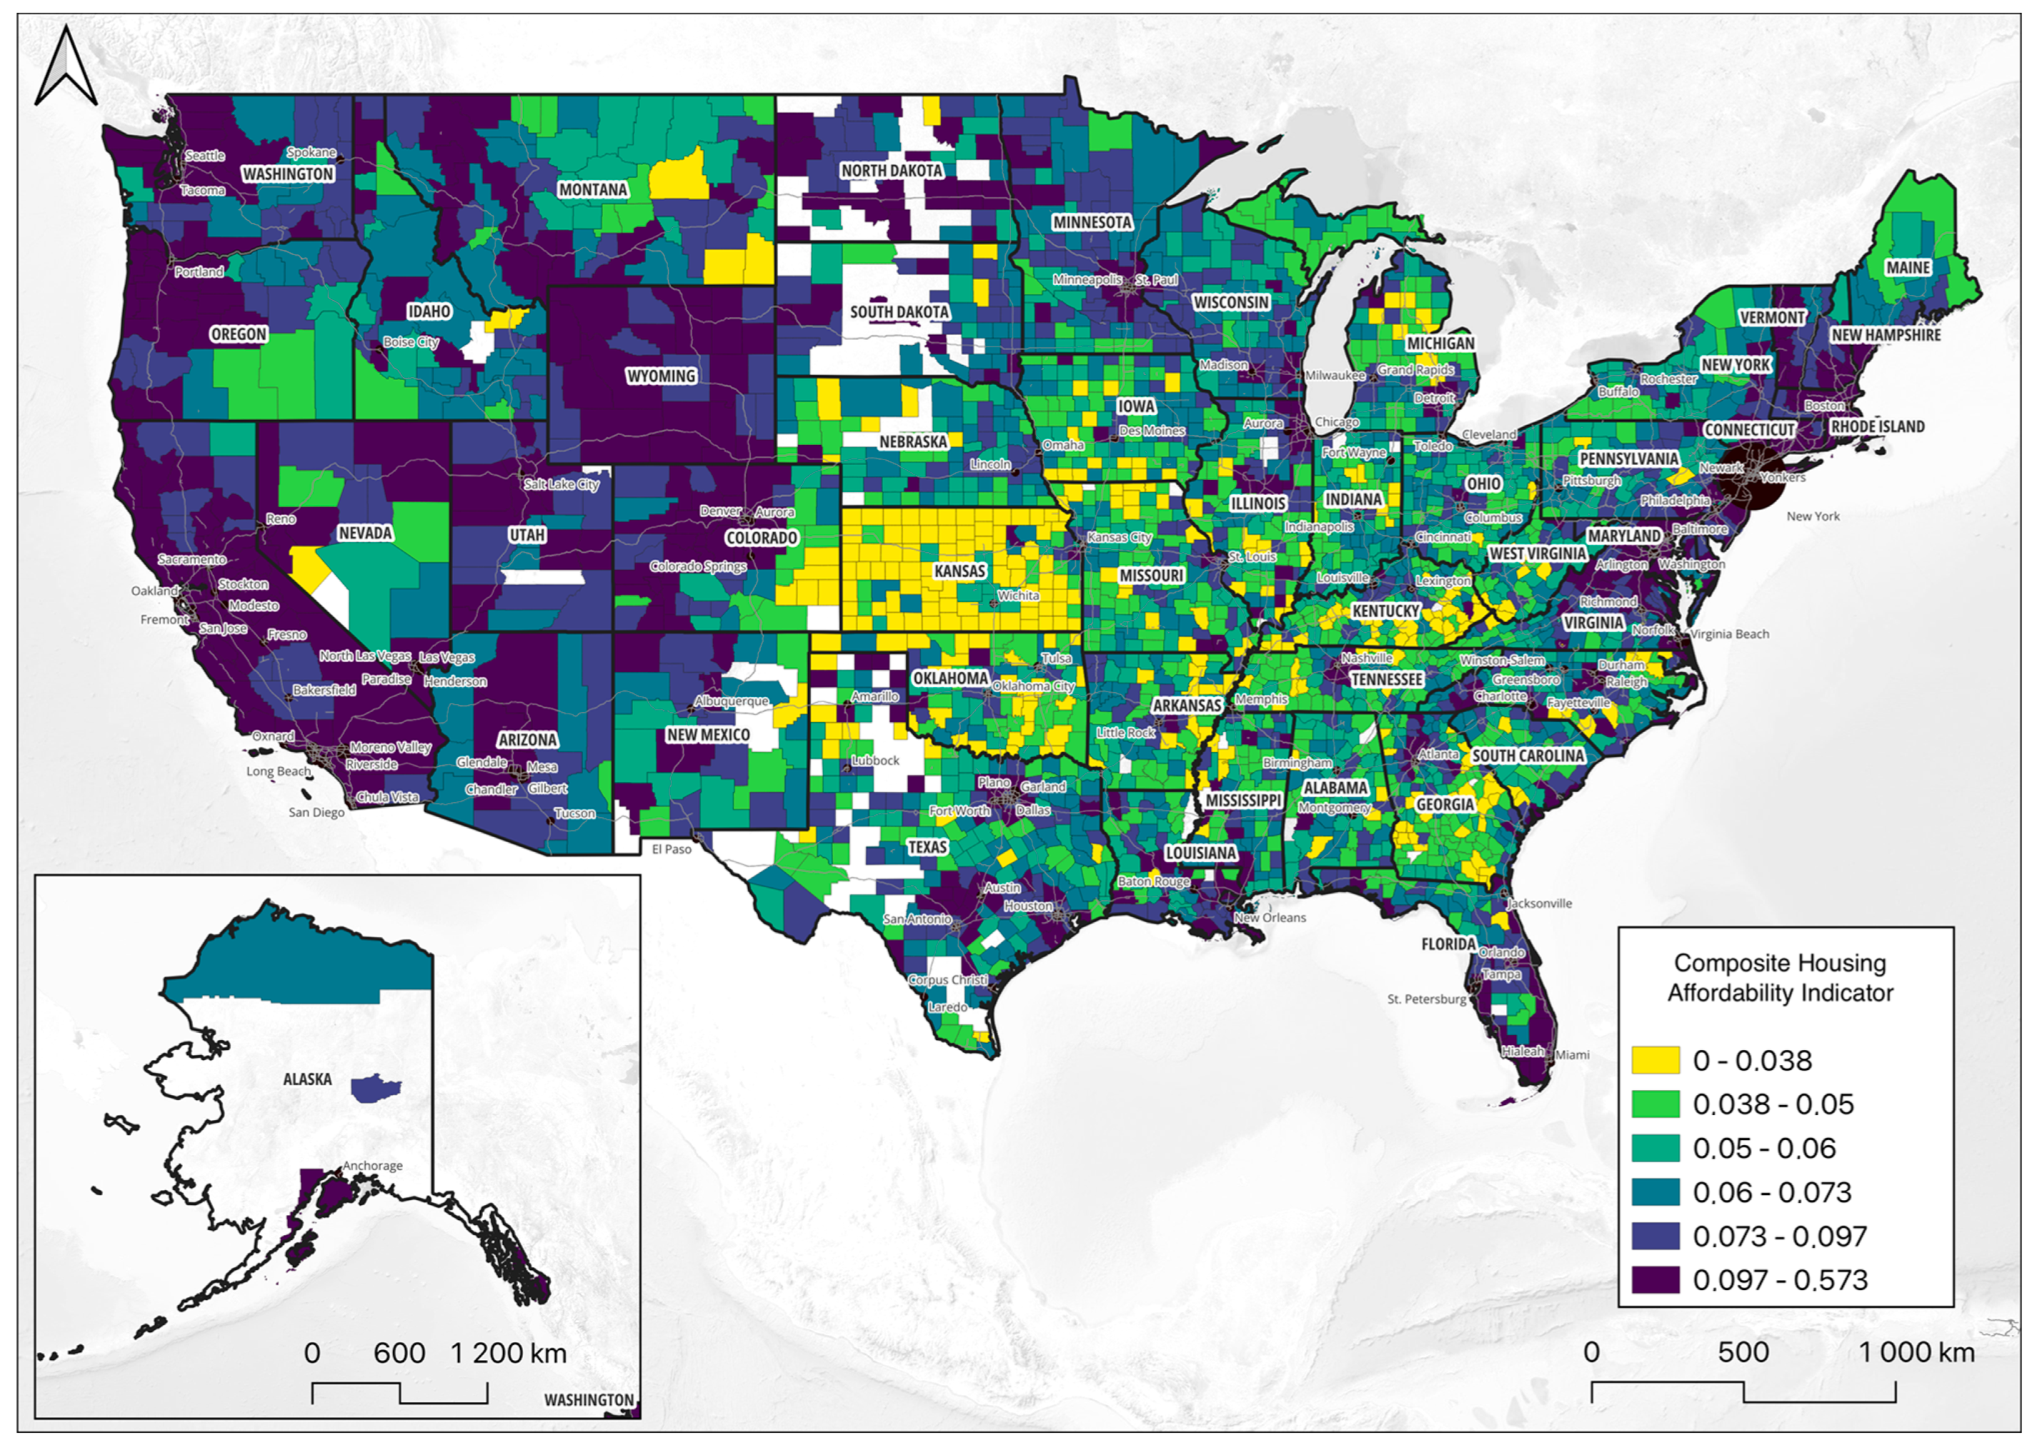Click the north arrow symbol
(66, 68)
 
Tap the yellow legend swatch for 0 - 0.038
(1655, 1060)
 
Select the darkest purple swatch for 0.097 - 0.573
(1655, 1279)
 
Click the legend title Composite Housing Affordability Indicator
(1780, 978)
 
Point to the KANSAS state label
(959, 570)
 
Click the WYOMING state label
(661, 376)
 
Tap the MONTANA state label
(593, 189)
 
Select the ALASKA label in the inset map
(307, 1079)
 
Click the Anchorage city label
(373, 1166)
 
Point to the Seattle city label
(204, 156)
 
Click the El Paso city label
(671, 849)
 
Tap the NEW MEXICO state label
(708, 735)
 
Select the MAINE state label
(1908, 267)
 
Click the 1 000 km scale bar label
(1916, 1352)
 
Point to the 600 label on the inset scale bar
(399, 1353)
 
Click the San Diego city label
(317, 812)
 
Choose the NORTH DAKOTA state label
(891, 170)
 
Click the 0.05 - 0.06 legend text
(1763, 1148)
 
